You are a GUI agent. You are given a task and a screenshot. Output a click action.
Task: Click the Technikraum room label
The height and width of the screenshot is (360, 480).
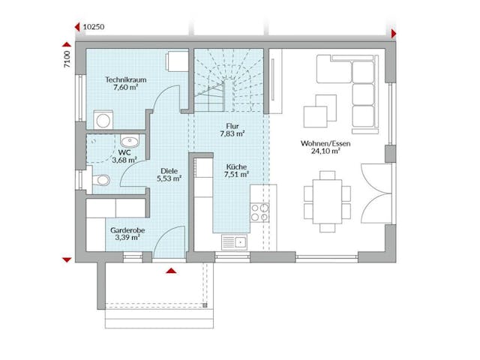(x=124, y=78)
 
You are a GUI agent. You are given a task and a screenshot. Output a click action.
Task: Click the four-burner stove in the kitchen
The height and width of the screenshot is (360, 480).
(x=259, y=212)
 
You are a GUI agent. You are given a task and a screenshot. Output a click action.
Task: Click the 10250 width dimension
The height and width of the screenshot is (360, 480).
(x=94, y=25)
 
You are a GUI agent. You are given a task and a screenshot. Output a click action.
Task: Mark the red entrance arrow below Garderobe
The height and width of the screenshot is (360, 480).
(x=172, y=271)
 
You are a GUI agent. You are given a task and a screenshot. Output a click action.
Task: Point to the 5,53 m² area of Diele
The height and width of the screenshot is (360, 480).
(x=169, y=178)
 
